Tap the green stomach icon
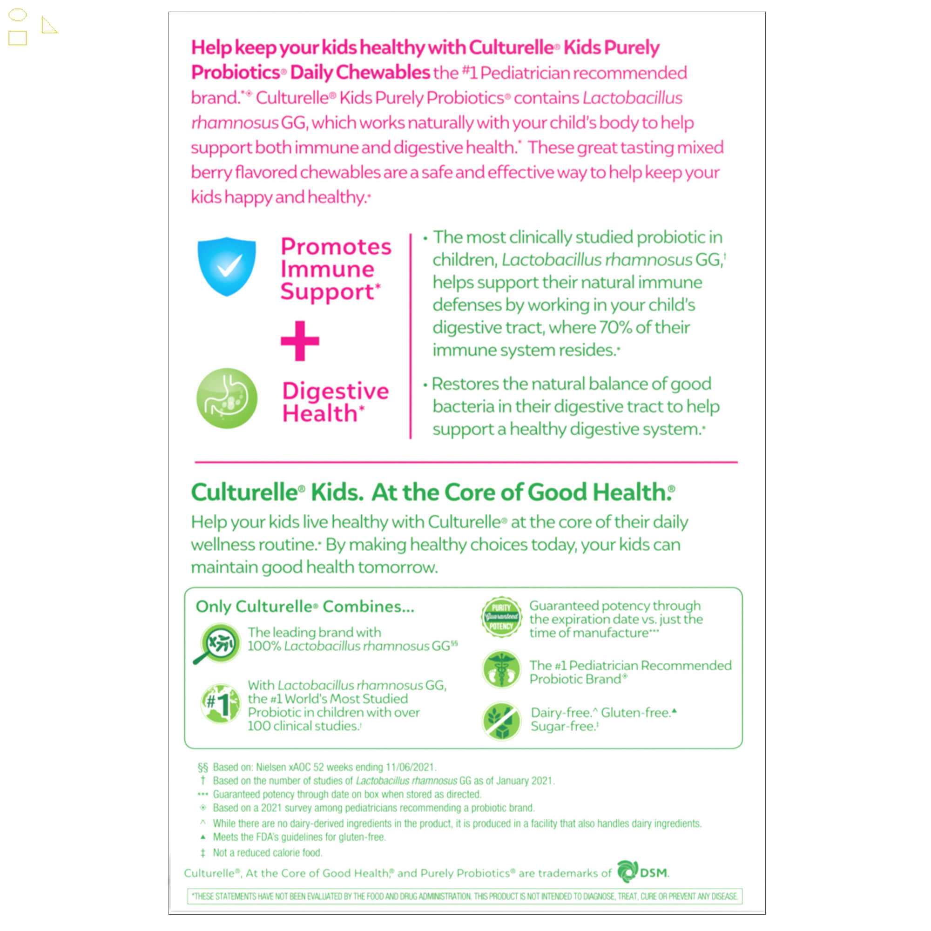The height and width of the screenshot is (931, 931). click(227, 398)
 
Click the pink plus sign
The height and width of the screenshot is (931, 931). click(300, 341)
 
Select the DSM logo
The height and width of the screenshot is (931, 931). click(643, 872)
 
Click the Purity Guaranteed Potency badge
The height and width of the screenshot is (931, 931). click(501, 617)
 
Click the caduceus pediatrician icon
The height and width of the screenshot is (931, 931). click(501, 669)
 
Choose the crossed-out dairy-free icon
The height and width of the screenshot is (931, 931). click(501, 721)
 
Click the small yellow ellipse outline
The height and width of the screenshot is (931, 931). click(18, 15)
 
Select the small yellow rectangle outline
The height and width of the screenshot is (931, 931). click(18, 38)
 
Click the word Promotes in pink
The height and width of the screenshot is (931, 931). click(336, 246)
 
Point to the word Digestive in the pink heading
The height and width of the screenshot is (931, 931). click(335, 391)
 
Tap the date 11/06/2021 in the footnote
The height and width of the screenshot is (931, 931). click(410, 767)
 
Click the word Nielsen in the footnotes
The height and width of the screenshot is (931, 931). click(271, 767)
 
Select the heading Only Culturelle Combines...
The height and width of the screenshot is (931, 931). click(304, 606)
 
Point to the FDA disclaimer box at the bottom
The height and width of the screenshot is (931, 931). click(465, 896)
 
